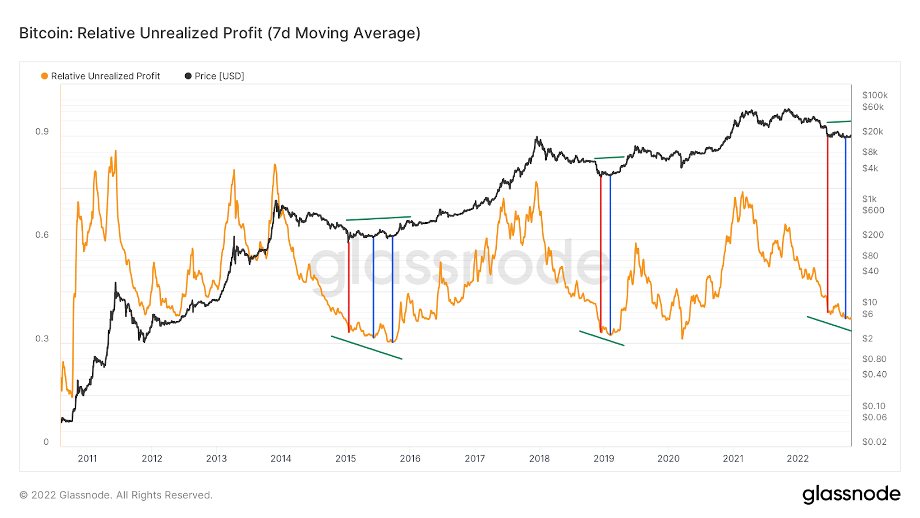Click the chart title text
[220, 33]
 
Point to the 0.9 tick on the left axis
[42, 132]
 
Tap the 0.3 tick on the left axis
[42, 338]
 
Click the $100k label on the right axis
[875, 95]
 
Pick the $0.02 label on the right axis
[874, 442]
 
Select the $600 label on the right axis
[873, 210]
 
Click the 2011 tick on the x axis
[87, 459]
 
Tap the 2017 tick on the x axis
[475, 459]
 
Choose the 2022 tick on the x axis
[798, 459]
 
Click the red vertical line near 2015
[348, 285]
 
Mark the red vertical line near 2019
[601, 253]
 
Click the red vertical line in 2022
[827, 224]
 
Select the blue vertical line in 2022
[845, 227]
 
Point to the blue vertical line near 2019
[610, 253]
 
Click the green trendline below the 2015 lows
[366, 348]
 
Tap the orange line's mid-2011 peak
[116, 152]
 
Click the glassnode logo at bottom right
[851, 494]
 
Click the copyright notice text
[116, 495]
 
